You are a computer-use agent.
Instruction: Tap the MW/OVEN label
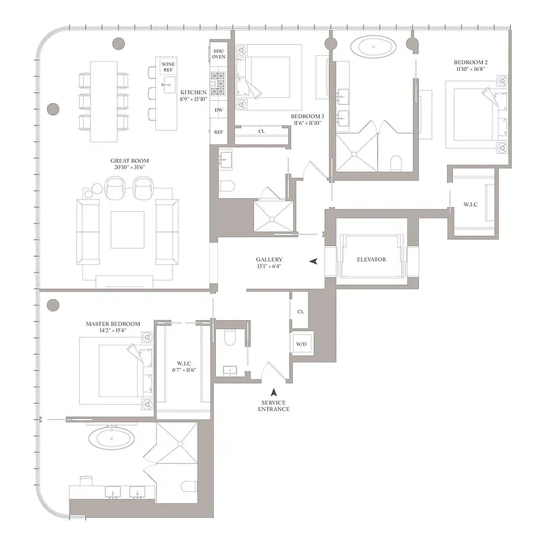point(219,55)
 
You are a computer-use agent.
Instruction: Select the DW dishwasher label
point(219,109)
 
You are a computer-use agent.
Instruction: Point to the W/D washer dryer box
point(300,344)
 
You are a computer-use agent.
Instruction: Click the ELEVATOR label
point(371,260)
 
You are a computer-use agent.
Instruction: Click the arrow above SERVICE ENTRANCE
point(274,392)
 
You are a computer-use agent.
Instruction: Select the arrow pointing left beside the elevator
point(313,261)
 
